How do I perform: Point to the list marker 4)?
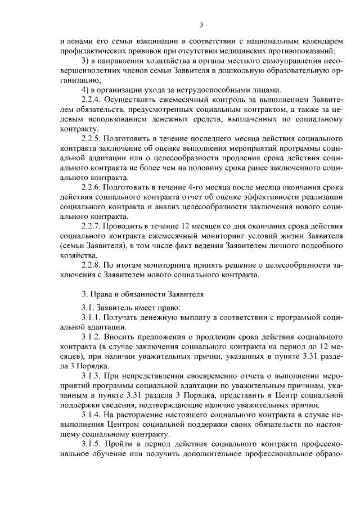(86, 89)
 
